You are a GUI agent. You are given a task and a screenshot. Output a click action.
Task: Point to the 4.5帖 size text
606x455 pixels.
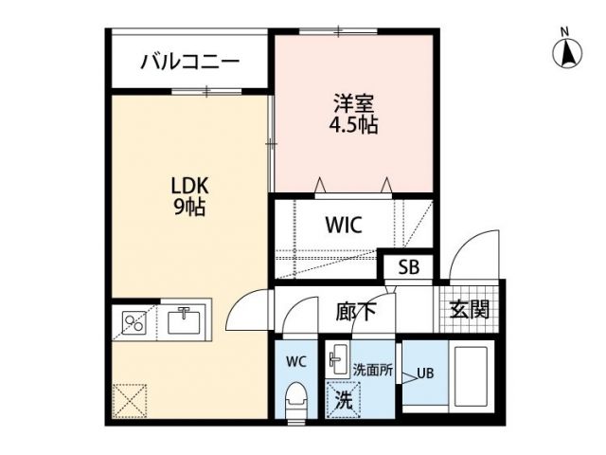click(x=354, y=124)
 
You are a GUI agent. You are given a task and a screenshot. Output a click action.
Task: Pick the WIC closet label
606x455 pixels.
click(x=344, y=227)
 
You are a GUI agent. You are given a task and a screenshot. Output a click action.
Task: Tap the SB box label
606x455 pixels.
click(x=409, y=268)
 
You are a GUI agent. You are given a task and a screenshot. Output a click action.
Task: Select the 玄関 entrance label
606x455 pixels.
click(x=469, y=309)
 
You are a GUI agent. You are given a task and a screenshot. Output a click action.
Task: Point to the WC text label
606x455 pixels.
click(x=296, y=360)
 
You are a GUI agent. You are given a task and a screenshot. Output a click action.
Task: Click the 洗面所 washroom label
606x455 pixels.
click(x=372, y=370)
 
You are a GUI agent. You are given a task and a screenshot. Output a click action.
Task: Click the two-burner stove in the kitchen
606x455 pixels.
click(x=133, y=322)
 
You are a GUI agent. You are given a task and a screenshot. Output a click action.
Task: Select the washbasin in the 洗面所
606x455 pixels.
click(x=338, y=359)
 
